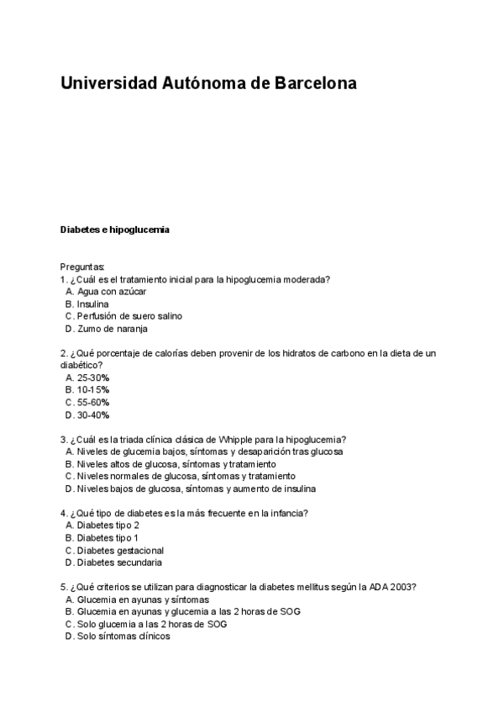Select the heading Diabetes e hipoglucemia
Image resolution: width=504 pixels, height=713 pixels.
pos(115,229)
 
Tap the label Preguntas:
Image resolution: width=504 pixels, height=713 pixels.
pos(82,267)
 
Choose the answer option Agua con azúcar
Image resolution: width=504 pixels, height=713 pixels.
pos(112,291)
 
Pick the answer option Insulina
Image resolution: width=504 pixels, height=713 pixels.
pos(92,304)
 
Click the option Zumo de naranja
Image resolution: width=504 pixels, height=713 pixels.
pos(112,329)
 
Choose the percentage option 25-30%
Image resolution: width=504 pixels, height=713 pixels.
pos(93,378)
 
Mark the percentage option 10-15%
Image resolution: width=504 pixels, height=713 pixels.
pos(93,390)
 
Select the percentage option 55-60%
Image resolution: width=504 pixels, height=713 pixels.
pos(93,403)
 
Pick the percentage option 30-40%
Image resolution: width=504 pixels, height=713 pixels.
pos(93,415)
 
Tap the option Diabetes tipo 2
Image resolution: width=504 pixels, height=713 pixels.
pos(108,526)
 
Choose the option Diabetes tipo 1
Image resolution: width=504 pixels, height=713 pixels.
pos(108,538)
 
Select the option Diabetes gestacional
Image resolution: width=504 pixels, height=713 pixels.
pos(120,551)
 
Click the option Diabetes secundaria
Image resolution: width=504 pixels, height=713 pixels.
pos(120,562)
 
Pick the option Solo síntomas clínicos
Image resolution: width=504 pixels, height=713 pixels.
pos(123,636)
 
